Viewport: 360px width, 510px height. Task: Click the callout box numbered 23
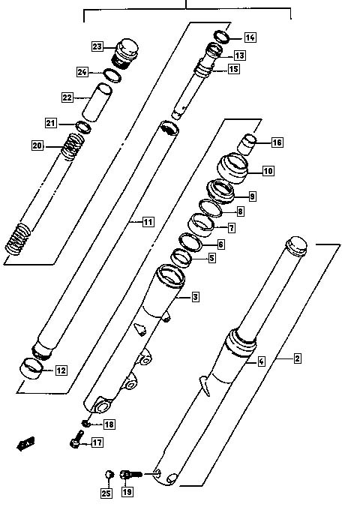point(97,46)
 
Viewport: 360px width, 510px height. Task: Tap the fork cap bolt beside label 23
point(125,54)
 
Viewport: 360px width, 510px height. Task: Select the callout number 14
point(250,37)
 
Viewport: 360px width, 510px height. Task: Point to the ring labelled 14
point(222,37)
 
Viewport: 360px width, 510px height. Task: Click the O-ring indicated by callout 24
point(112,76)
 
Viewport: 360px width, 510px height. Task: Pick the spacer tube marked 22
point(97,102)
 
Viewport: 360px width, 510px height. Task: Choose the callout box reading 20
point(37,145)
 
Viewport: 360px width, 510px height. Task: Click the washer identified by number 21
point(83,127)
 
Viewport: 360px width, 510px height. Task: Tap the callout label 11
point(148,222)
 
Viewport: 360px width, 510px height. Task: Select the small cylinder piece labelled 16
point(247,145)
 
